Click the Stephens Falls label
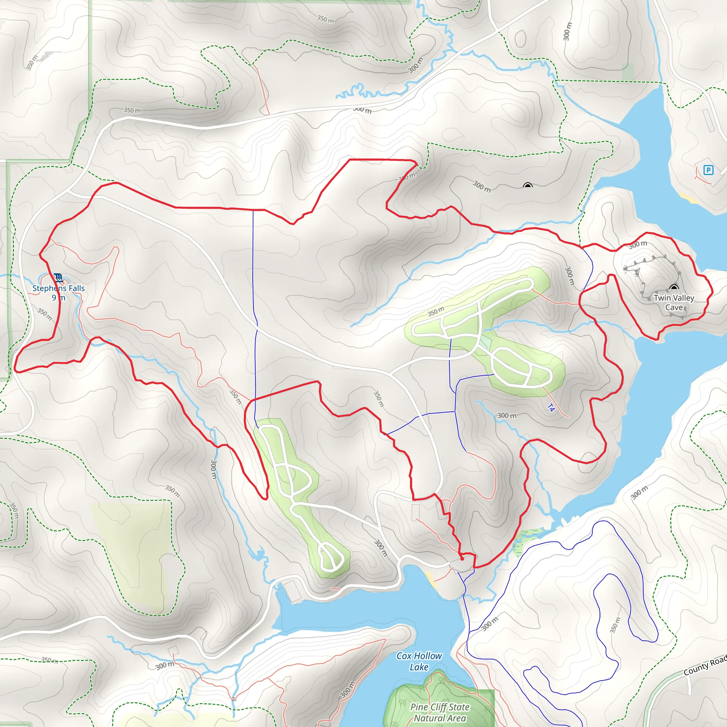pyautogui.click(x=58, y=288)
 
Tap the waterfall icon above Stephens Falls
pyautogui.click(x=58, y=278)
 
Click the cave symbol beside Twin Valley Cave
pyautogui.click(x=673, y=288)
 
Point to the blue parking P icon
pyautogui.click(x=709, y=170)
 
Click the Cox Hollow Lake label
pyautogui.click(x=419, y=661)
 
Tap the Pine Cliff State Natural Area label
pyautogui.click(x=440, y=712)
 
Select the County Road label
pyautogui.click(x=705, y=665)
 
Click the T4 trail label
pyautogui.click(x=551, y=408)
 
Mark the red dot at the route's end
pyautogui.click(x=462, y=559)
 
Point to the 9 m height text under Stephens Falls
pyautogui.click(x=58, y=297)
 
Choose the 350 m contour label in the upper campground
pyautogui.click(x=436, y=312)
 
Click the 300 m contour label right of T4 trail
pyautogui.click(x=507, y=415)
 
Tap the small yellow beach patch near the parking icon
pyautogui.click(x=689, y=198)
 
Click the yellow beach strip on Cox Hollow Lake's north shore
pyautogui.click(x=431, y=579)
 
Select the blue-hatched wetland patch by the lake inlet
pyautogui.click(x=527, y=540)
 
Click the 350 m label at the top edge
pyautogui.click(x=325, y=19)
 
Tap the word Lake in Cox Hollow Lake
pyautogui.click(x=419, y=667)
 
